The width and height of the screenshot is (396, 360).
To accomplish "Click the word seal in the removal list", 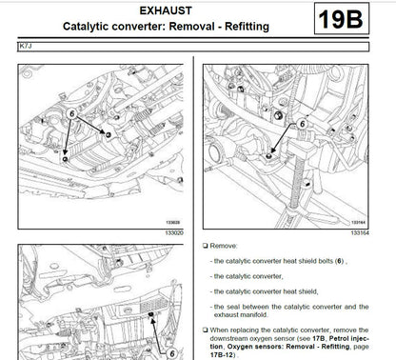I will (x=236, y=306).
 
